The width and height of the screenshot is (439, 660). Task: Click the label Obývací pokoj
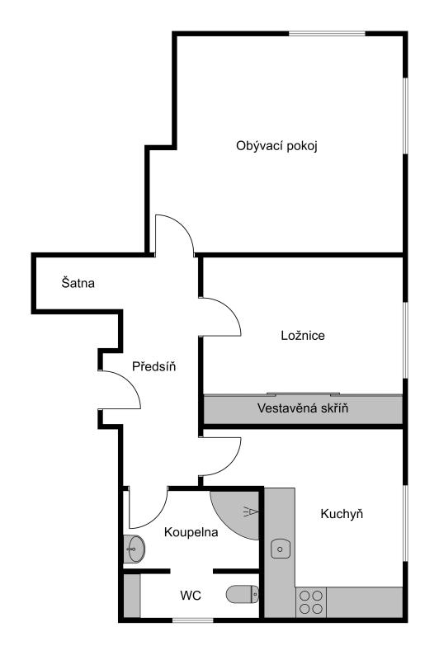click(x=276, y=146)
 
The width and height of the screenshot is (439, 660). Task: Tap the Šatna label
click(x=78, y=282)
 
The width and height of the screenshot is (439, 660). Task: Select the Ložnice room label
click(x=303, y=336)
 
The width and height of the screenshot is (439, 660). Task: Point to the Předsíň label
click(x=153, y=366)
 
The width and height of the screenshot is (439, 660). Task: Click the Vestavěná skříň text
click(x=303, y=408)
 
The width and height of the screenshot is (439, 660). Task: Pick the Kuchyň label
click(x=342, y=513)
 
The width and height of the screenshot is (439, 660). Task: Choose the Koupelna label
click(x=191, y=532)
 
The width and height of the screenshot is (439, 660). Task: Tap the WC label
click(x=191, y=596)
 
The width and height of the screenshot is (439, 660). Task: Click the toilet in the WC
click(x=243, y=594)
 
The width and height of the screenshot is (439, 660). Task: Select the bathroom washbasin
click(x=135, y=549)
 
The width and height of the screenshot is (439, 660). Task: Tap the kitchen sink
click(x=281, y=549)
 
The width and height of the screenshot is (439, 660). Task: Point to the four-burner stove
click(x=310, y=602)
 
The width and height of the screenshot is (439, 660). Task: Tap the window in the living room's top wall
click(x=327, y=34)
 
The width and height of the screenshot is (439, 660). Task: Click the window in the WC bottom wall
click(x=193, y=620)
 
